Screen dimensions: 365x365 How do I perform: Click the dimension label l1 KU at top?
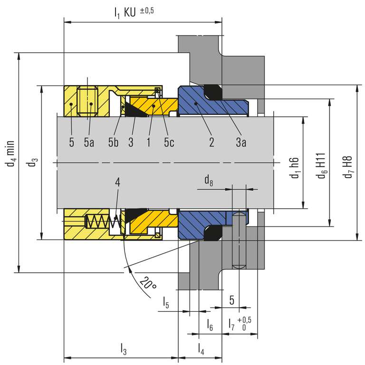point(125,12)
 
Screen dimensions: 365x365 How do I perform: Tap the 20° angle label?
point(148,283)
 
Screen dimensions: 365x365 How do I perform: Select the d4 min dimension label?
point(10,154)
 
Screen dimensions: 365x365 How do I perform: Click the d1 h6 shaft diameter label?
point(295,168)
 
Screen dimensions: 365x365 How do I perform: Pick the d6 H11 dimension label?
point(321,166)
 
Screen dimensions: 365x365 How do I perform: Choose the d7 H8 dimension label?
point(348,167)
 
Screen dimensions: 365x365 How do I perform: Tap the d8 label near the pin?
point(209,181)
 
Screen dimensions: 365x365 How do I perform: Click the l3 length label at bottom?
point(124,349)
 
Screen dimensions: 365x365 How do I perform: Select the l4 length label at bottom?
point(201,349)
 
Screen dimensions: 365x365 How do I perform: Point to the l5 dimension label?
point(166,302)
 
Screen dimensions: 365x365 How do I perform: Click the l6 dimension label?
point(210,325)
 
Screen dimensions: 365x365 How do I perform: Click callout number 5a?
point(89,142)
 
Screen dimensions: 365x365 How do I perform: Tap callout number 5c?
point(169,142)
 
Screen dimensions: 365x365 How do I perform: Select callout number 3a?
point(241,142)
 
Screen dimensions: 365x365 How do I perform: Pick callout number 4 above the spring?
point(117,182)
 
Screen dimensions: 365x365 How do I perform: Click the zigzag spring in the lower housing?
point(103,221)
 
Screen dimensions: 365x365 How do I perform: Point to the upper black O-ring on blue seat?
point(213,92)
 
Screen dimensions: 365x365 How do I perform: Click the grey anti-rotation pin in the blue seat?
point(239,240)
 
